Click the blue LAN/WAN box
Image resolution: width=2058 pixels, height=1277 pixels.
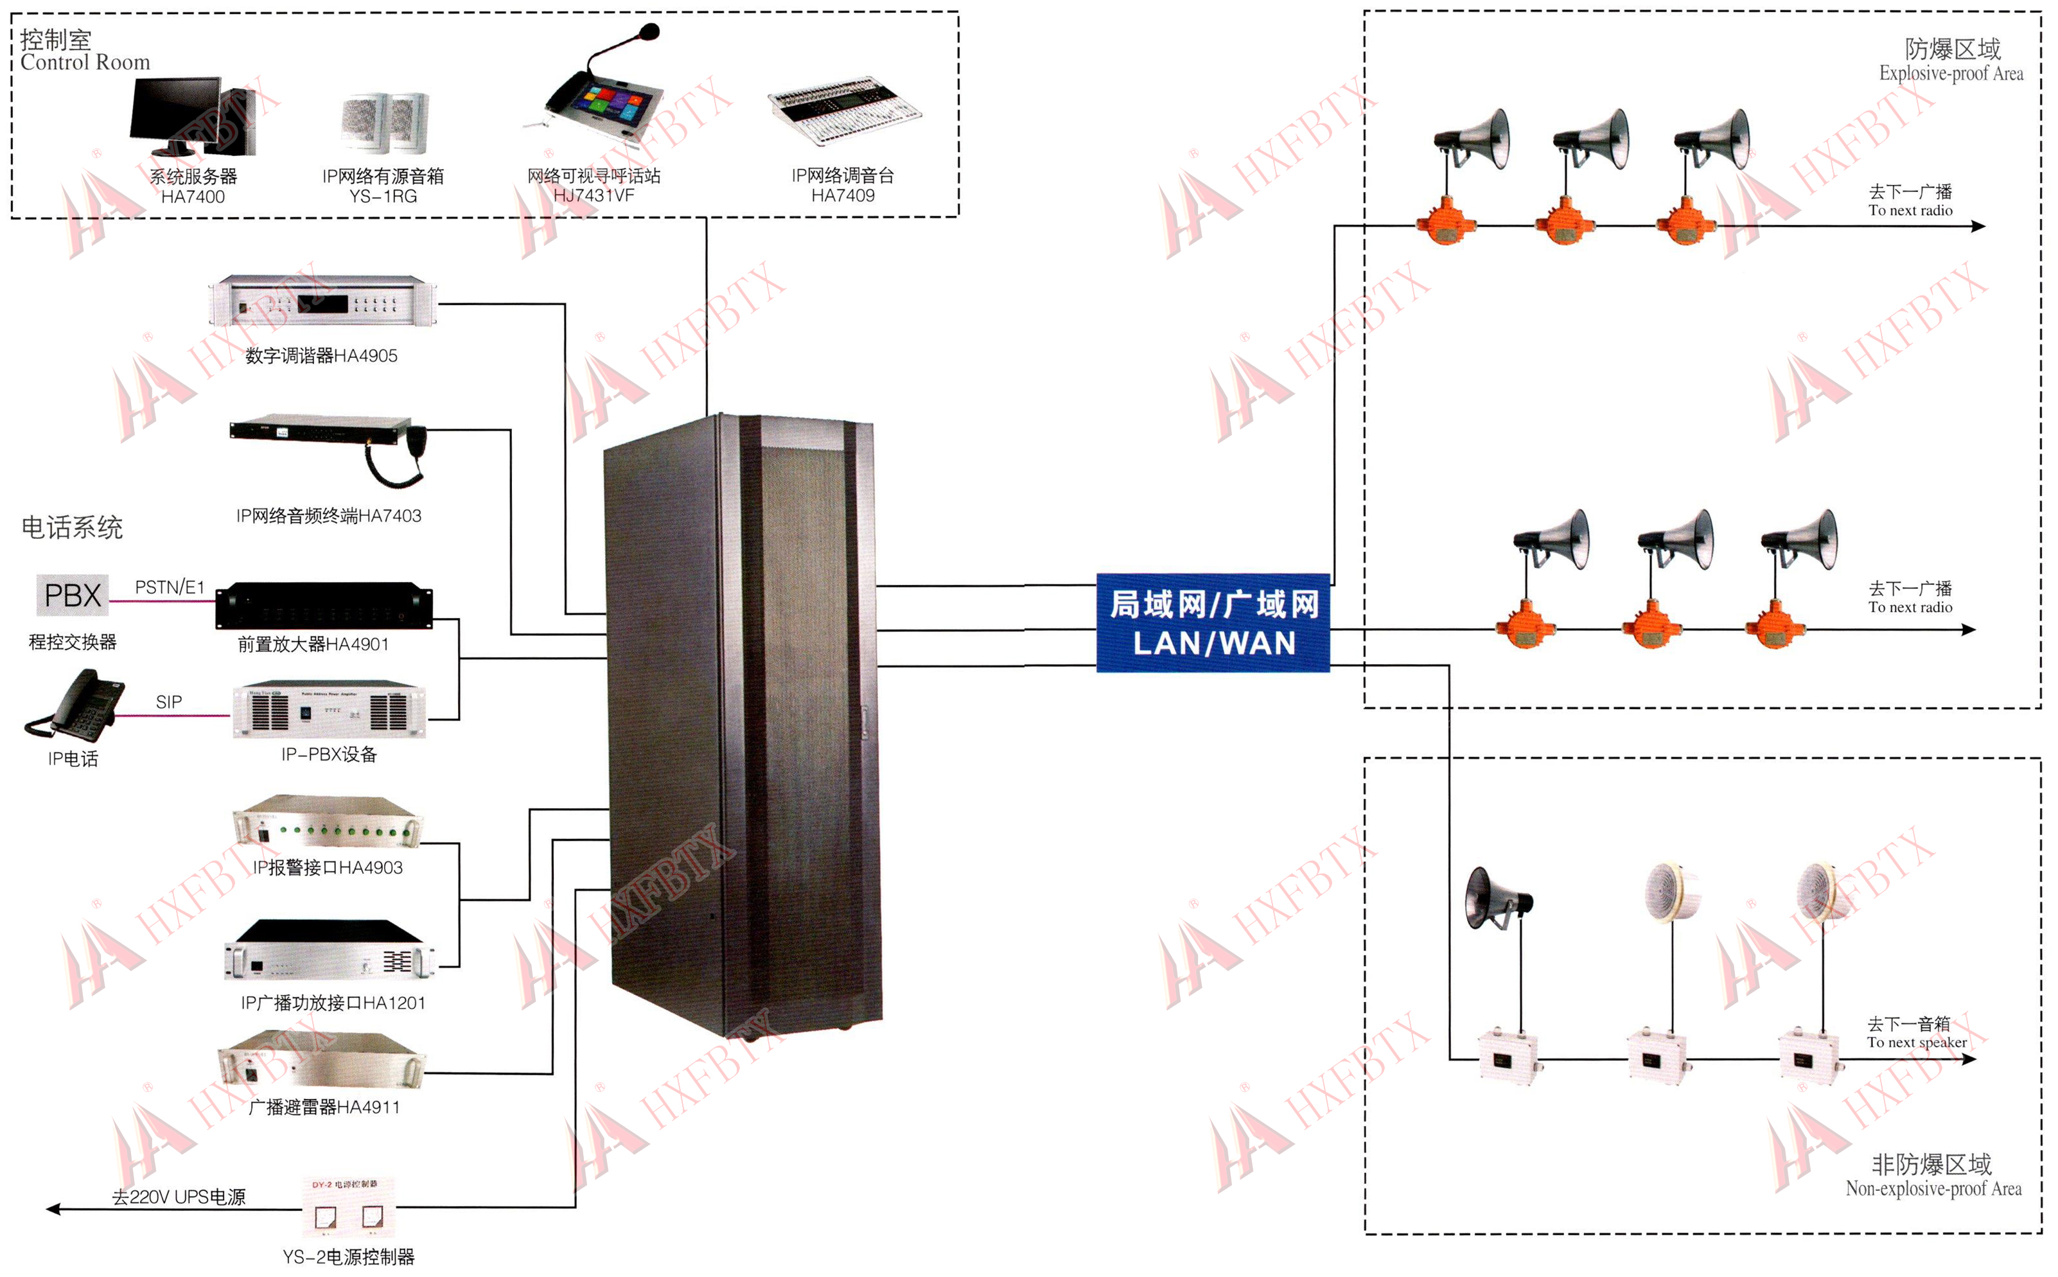[1212, 622]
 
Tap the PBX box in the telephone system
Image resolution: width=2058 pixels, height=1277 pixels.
[73, 595]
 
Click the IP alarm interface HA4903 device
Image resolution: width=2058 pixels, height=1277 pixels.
[328, 821]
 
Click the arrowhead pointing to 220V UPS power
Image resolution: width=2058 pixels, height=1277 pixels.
[53, 1210]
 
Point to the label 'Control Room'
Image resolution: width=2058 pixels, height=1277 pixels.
[85, 62]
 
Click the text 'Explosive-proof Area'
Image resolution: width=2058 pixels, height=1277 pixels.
[1950, 73]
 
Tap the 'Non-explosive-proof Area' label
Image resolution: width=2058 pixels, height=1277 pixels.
[1932, 1188]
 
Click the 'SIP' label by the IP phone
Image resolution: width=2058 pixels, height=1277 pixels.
[169, 702]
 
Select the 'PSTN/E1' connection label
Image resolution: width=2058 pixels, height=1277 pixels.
[170, 587]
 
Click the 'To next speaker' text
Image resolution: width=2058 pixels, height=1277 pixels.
[1916, 1042]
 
